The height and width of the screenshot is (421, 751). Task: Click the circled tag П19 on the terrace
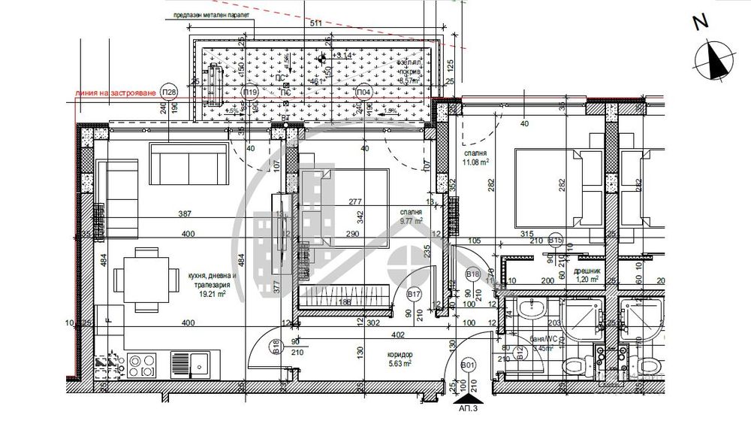(x=251, y=92)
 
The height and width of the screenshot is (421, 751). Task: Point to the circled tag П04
(x=363, y=92)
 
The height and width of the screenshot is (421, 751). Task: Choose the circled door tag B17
(x=414, y=295)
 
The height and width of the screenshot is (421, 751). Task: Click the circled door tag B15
(x=556, y=241)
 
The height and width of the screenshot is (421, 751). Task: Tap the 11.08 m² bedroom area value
(x=475, y=160)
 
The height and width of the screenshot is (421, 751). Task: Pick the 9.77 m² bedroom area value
(x=410, y=222)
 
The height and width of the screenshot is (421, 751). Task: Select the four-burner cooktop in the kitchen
(x=143, y=365)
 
